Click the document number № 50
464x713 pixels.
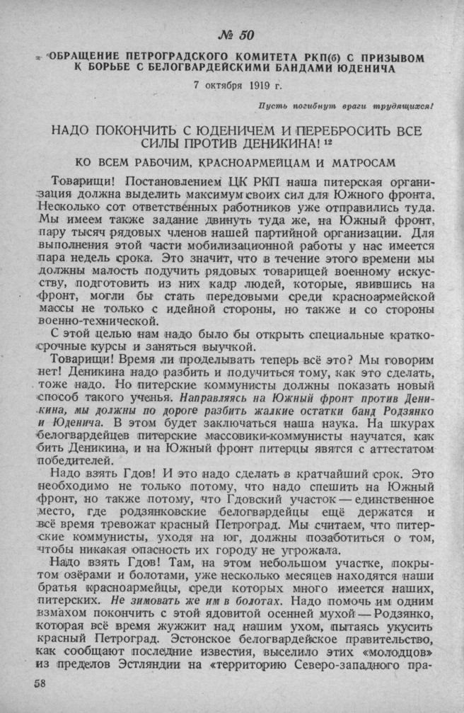point(233,36)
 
